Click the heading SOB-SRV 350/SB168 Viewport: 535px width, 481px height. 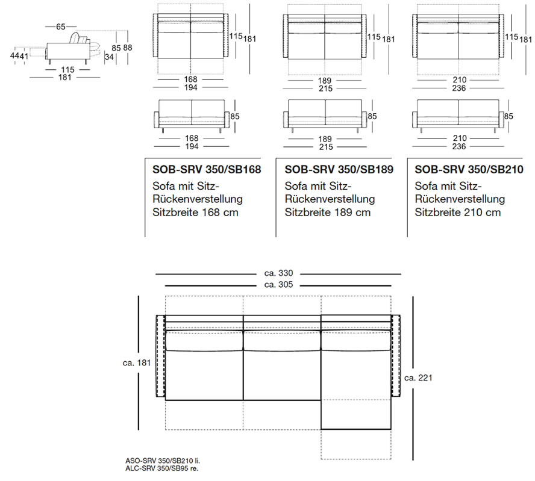(x=207, y=169)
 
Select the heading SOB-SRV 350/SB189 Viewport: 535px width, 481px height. (x=339, y=169)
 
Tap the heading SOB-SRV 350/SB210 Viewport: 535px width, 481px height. (x=469, y=169)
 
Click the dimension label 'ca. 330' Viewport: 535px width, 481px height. (x=278, y=273)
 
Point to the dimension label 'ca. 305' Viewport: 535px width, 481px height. (x=278, y=285)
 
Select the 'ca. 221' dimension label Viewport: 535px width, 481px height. (x=418, y=377)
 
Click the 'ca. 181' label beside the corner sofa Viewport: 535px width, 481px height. (x=137, y=363)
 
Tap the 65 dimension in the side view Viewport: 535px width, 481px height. (x=61, y=26)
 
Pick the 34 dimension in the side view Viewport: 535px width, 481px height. (x=109, y=57)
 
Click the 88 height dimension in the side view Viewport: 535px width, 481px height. (x=128, y=48)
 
